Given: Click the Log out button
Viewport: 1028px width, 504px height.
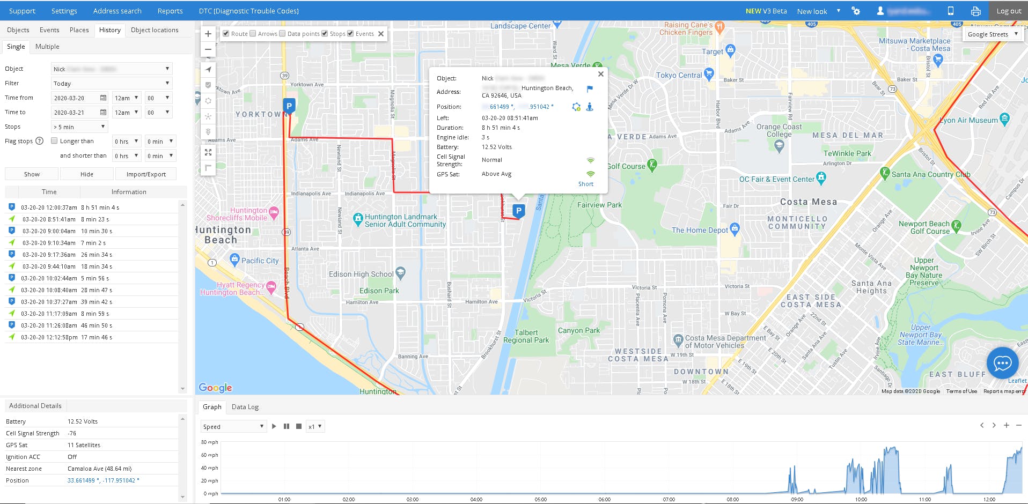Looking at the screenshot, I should click(x=1009, y=11).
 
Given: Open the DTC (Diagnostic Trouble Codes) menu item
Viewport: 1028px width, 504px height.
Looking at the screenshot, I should click(x=248, y=11).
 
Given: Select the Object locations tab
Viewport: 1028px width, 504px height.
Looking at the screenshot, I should click(x=155, y=30).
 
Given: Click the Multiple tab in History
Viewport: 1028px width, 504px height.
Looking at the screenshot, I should click(x=47, y=47).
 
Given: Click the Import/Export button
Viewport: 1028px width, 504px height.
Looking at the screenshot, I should click(x=146, y=174).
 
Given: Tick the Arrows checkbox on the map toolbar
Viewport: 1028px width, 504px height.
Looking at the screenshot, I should click(x=253, y=34).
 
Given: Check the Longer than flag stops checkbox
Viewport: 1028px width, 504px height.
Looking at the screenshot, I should click(x=54, y=141).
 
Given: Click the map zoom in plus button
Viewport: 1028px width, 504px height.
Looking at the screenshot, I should click(x=208, y=34).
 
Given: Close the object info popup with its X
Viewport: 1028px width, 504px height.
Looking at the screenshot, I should click(x=601, y=75).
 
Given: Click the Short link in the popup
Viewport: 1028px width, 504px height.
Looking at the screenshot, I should click(x=585, y=184).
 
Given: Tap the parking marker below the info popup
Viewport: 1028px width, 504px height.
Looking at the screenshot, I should click(x=518, y=211).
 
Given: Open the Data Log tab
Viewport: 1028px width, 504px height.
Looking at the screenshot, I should click(x=245, y=407).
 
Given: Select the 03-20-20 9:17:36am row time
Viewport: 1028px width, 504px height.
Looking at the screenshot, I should click(x=49, y=255).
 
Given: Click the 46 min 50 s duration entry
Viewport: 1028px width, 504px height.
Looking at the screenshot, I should click(x=97, y=325).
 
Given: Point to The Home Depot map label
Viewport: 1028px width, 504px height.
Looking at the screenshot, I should click(x=700, y=230).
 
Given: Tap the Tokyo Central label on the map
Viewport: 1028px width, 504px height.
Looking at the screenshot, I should click(x=679, y=75).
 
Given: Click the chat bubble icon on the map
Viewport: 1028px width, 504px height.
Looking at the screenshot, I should click(x=1002, y=364).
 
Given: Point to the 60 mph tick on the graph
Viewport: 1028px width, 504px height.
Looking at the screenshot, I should click(x=210, y=455).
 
